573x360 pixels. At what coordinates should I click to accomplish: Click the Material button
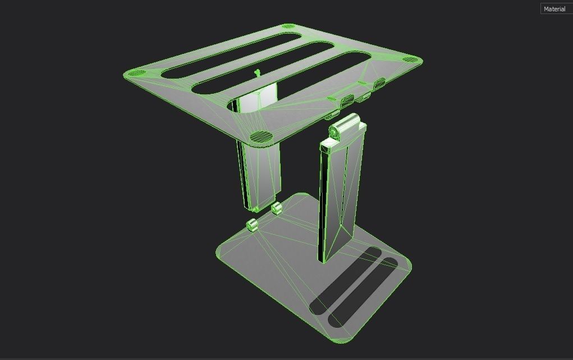coord(554,9)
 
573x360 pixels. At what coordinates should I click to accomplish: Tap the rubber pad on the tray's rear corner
coord(289,26)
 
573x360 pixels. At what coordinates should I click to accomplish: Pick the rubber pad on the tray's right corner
coord(410,60)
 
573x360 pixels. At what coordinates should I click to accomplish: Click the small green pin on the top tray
coord(257,72)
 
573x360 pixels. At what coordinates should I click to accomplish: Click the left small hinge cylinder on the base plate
coord(252,225)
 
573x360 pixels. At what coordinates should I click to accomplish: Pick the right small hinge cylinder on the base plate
coord(276,209)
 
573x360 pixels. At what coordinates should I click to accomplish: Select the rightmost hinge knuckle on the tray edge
coord(379,83)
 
